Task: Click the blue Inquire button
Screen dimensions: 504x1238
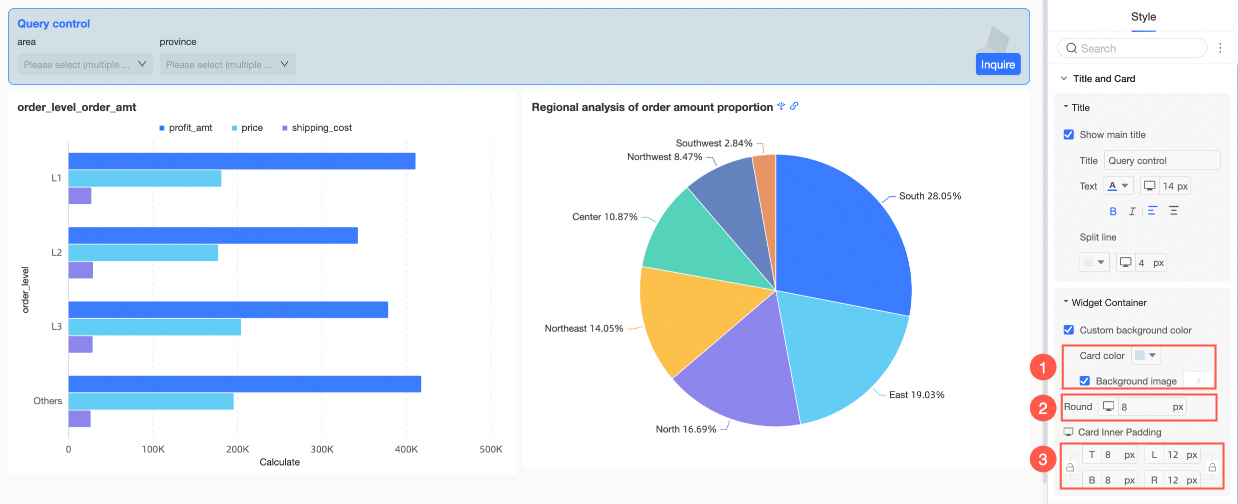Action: (997, 64)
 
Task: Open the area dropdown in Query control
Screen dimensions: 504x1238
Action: (85, 64)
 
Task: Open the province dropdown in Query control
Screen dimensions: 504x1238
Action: (227, 64)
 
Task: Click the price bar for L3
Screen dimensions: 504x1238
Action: (154, 327)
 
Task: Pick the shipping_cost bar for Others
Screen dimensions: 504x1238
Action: (79, 418)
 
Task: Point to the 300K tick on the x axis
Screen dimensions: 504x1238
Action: (322, 449)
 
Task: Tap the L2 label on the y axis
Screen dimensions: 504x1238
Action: (56, 252)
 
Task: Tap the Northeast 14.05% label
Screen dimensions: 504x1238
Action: (584, 328)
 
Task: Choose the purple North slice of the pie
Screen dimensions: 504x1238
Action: (739, 380)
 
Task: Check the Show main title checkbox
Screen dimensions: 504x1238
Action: (1069, 134)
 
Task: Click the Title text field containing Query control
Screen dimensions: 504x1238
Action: (1161, 160)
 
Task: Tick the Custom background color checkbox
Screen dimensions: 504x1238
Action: (1069, 330)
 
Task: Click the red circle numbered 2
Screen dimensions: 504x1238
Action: (1043, 408)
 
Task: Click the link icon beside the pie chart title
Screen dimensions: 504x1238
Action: (794, 106)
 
